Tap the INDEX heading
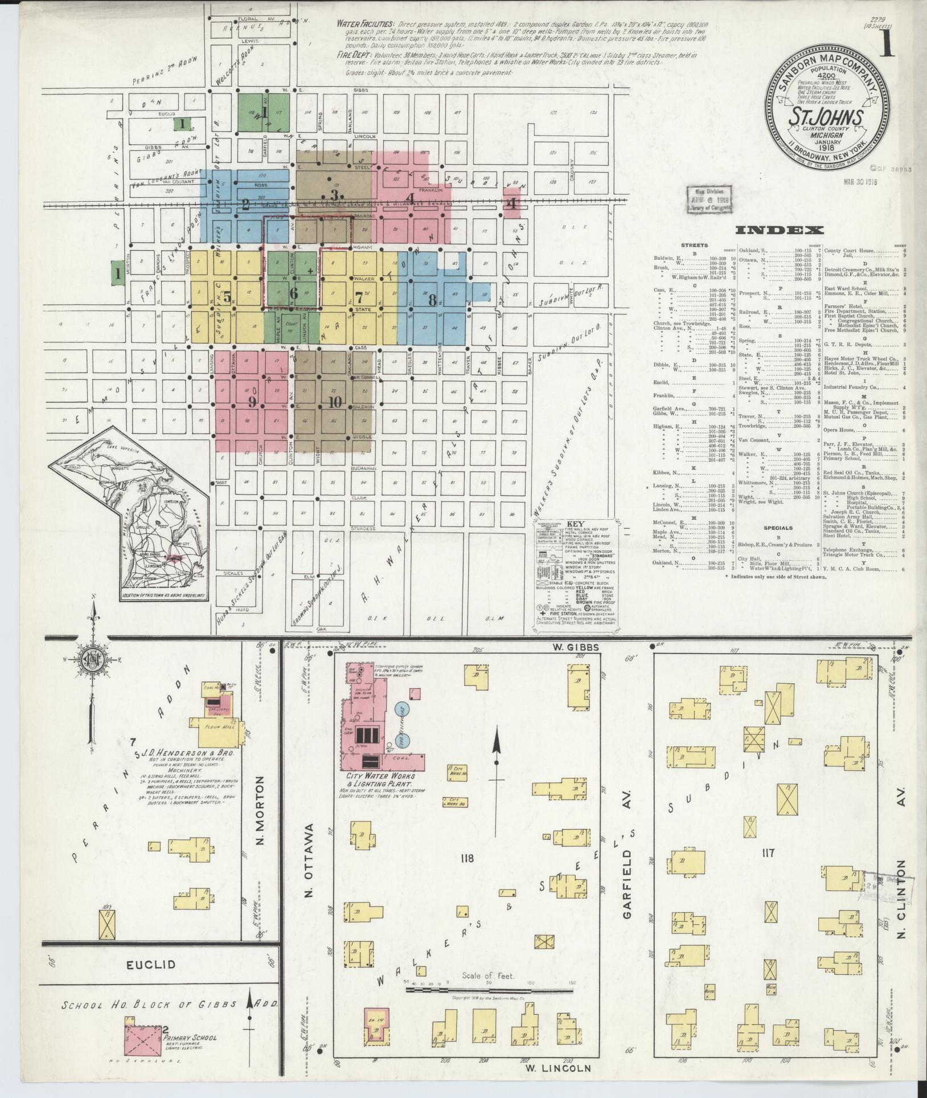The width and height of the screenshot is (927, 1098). (779, 231)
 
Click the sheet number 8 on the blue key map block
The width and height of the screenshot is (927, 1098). (433, 300)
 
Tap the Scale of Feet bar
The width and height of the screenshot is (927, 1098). (489, 990)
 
